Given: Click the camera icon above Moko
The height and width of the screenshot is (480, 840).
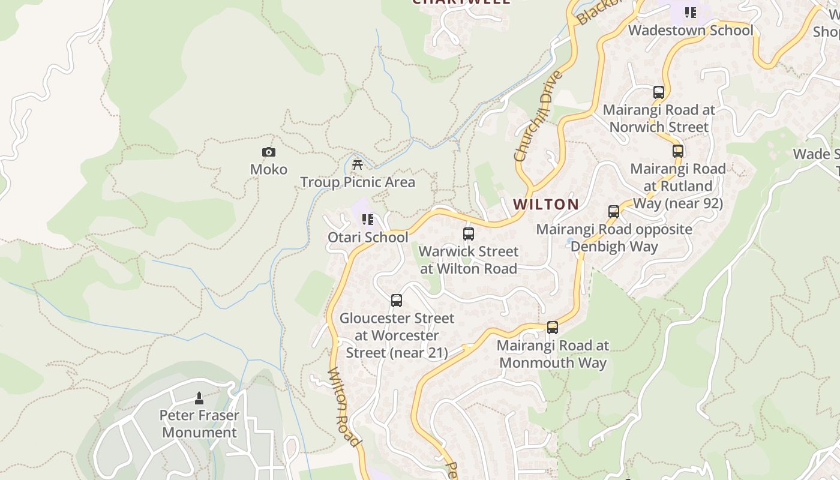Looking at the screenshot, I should pyautogui.click(x=269, y=152).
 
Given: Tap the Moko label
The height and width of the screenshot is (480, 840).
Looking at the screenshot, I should pyautogui.click(x=269, y=170).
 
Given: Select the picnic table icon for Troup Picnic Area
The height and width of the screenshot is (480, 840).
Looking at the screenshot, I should pyautogui.click(x=358, y=164).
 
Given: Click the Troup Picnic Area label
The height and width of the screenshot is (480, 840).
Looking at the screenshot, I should pyautogui.click(x=358, y=182).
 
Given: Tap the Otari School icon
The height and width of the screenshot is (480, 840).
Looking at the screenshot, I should pyautogui.click(x=368, y=220).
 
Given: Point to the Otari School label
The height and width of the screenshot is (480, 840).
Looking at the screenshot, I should pyautogui.click(x=368, y=238).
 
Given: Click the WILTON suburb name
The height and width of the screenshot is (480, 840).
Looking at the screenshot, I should pyautogui.click(x=546, y=205).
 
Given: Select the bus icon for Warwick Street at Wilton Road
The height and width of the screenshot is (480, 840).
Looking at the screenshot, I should pyautogui.click(x=469, y=234).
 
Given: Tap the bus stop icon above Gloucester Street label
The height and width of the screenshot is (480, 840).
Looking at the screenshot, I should pyautogui.click(x=397, y=301).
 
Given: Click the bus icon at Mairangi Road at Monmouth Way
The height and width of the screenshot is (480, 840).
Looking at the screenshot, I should pyautogui.click(x=553, y=328).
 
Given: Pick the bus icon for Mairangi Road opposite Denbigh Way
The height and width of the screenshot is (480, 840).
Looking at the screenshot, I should pyautogui.click(x=614, y=212).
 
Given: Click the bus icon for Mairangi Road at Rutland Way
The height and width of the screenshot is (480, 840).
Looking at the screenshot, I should pyautogui.click(x=678, y=151).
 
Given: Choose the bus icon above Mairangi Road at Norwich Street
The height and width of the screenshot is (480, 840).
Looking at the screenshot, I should pyautogui.click(x=659, y=92).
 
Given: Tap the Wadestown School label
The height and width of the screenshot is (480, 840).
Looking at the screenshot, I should pyautogui.click(x=691, y=30).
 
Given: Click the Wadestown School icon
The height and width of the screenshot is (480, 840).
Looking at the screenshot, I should pyautogui.click(x=691, y=13).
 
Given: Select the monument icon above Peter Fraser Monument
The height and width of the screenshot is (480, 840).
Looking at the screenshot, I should pyautogui.click(x=199, y=398).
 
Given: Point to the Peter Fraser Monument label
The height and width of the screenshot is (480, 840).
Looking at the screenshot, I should pyautogui.click(x=199, y=424).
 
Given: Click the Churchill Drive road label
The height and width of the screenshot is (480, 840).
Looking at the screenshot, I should pyautogui.click(x=539, y=116).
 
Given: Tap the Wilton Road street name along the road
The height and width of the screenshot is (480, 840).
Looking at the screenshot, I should pyautogui.click(x=345, y=407).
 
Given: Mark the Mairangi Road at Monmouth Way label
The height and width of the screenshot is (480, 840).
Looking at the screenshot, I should pyautogui.click(x=553, y=354).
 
